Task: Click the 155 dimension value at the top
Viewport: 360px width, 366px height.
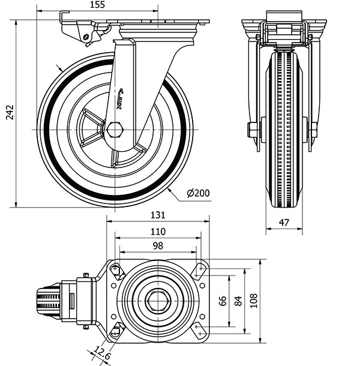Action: click(x=97, y=5)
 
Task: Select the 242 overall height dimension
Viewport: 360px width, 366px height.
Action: click(x=10, y=112)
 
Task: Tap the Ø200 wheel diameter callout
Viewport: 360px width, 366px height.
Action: click(x=198, y=193)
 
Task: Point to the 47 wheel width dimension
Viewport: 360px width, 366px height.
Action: click(x=284, y=223)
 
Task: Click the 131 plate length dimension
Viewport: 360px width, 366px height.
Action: click(x=158, y=215)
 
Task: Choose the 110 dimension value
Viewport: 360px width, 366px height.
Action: click(x=158, y=232)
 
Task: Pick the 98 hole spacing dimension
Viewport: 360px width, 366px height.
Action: click(x=158, y=246)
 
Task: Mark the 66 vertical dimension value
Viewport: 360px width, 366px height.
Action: click(x=223, y=301)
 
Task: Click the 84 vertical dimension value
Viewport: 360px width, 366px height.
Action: click(x=238, y=301)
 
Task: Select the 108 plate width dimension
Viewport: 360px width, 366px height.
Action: click(x=254, y=301)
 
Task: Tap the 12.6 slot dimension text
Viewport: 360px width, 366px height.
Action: click(x=102, y=353)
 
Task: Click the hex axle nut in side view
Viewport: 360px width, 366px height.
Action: click(x=115, y=130)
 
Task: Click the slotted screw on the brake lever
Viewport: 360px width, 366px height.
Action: click(x=86, y=37)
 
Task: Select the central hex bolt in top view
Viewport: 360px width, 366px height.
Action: click(x=158, y=301)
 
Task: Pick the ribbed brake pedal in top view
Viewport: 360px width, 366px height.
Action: click(x=49, y=301)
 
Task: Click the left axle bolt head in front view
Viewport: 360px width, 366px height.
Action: click(x=251, y=130)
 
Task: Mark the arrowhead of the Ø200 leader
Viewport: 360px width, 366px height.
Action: click(x=169, y=190)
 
